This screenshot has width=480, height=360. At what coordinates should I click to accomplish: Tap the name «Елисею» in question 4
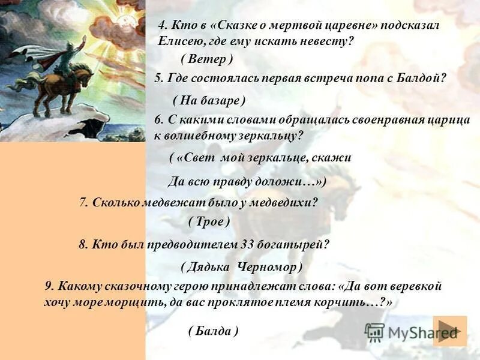click(179, 41)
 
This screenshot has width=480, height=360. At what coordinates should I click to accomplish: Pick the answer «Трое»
click(209, 221)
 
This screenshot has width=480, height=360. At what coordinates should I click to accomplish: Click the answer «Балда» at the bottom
click(213, 330)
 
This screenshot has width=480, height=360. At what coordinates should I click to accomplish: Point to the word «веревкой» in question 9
click(416, 286)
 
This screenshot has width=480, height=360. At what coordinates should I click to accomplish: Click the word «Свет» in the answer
click(199, 158)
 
